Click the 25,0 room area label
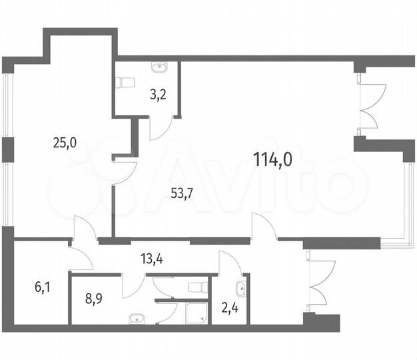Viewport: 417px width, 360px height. pos(65,141)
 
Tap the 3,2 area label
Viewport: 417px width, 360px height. pos(157,94)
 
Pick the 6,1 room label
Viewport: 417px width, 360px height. pos(41,288)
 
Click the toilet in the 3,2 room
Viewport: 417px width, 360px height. pos(125,82)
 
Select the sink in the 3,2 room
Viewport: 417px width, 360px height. pos(160,67)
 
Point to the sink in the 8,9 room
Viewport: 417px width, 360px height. pos(137,318)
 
